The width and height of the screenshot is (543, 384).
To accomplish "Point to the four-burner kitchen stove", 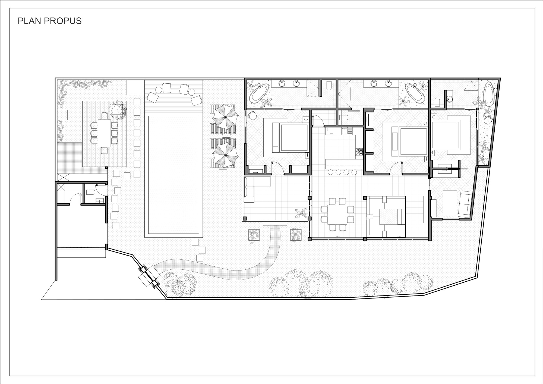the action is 359,152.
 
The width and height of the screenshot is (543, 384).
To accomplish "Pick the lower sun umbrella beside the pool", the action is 225,155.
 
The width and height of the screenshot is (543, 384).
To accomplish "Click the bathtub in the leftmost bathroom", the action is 259,93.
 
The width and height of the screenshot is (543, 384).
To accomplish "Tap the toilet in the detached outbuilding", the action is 90,192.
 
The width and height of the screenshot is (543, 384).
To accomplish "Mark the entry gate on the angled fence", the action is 149,276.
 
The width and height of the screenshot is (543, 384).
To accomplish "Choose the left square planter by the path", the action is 254,235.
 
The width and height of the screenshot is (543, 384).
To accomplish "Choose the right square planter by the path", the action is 296,235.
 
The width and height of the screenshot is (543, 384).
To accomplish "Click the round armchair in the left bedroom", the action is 252,115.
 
